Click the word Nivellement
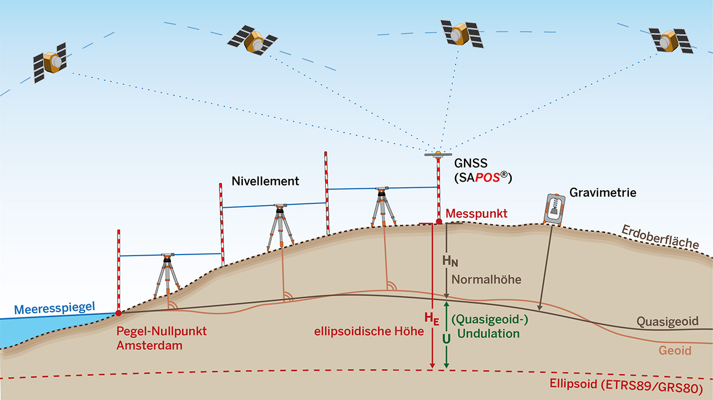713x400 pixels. (x=265, y=181)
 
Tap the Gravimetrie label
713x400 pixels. (x=603, y=193)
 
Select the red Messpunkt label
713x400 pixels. (x=476, y=213)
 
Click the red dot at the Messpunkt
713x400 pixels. (x=439, y=222)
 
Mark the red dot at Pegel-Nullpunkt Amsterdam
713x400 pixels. (x=119, y=313)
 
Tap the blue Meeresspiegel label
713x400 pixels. (x=54, y=308)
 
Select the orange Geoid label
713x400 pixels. (x=675, y=351)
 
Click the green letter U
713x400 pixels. (x=446, y=338)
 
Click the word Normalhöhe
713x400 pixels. (x=486, y=280)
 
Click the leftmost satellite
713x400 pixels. (x=49, y=62)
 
